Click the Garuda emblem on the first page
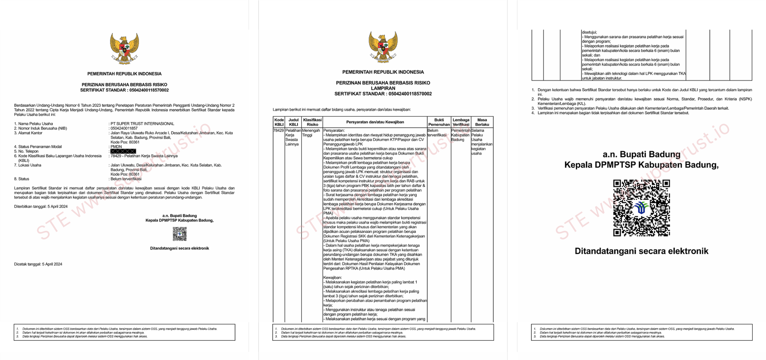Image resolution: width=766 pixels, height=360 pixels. coord(124,48)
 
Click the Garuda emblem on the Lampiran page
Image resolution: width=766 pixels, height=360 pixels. coord(383,47)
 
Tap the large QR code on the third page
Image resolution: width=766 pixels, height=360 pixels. coord(641,208)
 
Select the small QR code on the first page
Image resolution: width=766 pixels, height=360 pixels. coord(180,234)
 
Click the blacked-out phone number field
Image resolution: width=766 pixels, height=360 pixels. coord(123,151)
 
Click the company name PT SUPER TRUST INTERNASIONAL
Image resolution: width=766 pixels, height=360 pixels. coord(142,124)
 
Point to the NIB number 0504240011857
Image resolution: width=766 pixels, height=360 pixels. coord(124,128)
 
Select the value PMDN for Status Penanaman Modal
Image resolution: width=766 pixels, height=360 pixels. coord(116,147)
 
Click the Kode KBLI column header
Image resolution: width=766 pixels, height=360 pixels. coord(279,122)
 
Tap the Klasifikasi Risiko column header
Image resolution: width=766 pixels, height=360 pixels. coord(312,122)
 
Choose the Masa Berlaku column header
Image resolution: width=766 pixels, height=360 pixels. coord(482,122)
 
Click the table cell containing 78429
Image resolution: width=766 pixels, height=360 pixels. coord(279,130)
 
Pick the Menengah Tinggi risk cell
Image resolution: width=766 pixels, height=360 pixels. coord(311,133)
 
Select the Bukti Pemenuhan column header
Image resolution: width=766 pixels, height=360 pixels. coord(439,122)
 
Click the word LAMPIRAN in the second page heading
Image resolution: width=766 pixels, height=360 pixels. coord(383,88)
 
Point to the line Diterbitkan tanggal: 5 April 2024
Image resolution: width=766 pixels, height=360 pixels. coord(41,206)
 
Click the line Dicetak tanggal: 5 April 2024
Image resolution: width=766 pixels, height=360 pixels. coord(38,264)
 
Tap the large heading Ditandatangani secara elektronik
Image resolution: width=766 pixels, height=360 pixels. coord(641,251)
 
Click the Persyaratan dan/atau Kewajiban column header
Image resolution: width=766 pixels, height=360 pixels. coord(375,122)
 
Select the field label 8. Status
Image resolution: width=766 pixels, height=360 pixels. coord(22,179)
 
